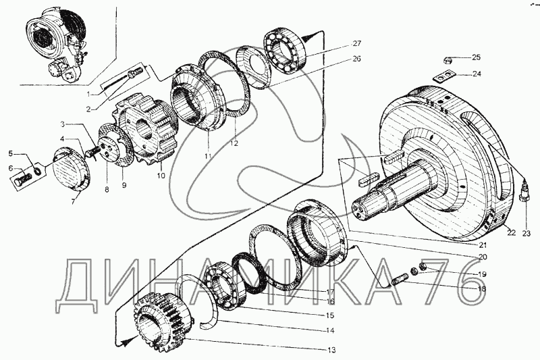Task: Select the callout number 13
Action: (x=331, y=350)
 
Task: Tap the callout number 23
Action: (x=526, y=234)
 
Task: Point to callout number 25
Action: (x=476, y=57)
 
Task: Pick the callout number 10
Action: (x=160, y=176)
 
